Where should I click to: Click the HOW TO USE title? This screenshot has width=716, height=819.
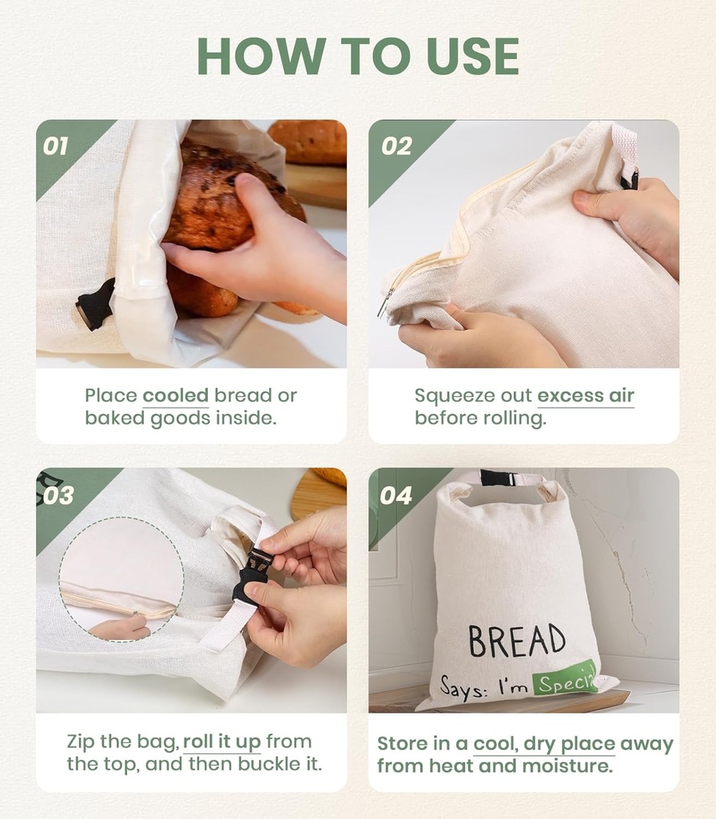pos(358,56)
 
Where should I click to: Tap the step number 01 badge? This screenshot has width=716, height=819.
pos(56,146)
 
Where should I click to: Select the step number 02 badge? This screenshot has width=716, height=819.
pos(396,146)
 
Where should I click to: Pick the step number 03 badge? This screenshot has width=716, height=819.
pos(58,495)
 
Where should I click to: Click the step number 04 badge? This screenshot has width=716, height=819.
pos(396,495)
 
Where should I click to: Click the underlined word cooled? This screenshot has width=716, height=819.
pos(175,395)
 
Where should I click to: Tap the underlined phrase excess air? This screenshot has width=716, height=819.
pos(585,395)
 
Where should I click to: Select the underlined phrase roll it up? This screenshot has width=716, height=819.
pos(222,741)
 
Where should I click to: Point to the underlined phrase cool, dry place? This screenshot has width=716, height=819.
pos(544,744)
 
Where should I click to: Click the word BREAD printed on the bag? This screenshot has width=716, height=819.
pos(516,640)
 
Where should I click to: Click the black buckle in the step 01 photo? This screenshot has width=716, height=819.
pos(94,305)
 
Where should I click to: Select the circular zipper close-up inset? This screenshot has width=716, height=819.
pos(121,578)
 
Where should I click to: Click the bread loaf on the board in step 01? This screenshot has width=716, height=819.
pos(308,142)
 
